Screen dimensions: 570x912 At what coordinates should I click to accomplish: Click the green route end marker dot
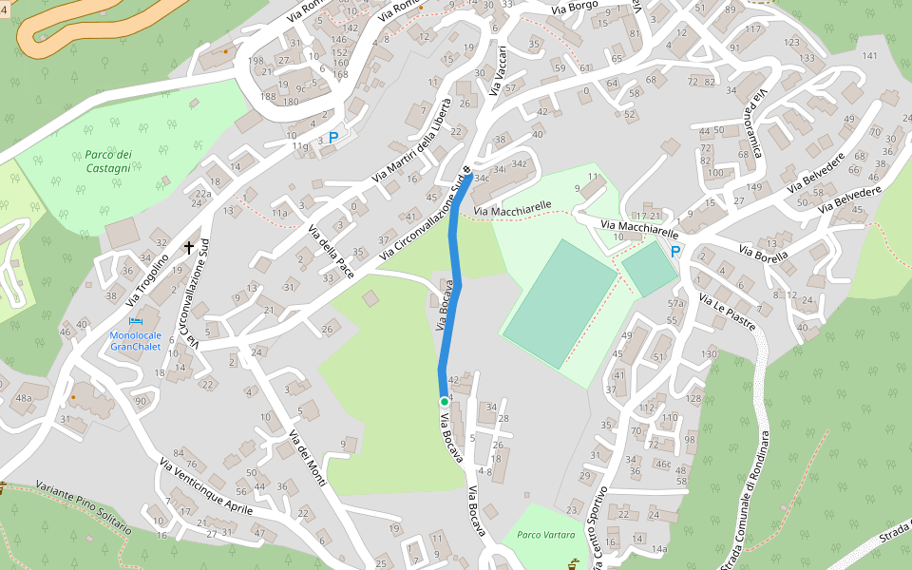click(444, 402)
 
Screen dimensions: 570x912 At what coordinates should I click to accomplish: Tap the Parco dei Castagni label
click(107, 161)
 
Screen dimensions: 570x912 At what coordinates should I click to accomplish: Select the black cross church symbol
click(189, 248)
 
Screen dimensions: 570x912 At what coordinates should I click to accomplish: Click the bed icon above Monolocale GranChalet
click(134, 322)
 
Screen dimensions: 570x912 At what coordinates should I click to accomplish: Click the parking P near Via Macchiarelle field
click(675, 252)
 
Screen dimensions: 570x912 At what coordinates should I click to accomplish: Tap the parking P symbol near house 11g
click(332, 138)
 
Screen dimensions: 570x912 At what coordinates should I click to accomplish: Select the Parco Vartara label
click(545, 535)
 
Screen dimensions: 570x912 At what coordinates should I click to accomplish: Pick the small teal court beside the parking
click(650, 270)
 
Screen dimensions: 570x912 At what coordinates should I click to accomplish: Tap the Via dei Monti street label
click(308, 459)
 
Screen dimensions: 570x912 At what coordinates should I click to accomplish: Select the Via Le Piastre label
click(727, 313)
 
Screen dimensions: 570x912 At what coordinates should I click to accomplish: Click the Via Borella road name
click(765, 256)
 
